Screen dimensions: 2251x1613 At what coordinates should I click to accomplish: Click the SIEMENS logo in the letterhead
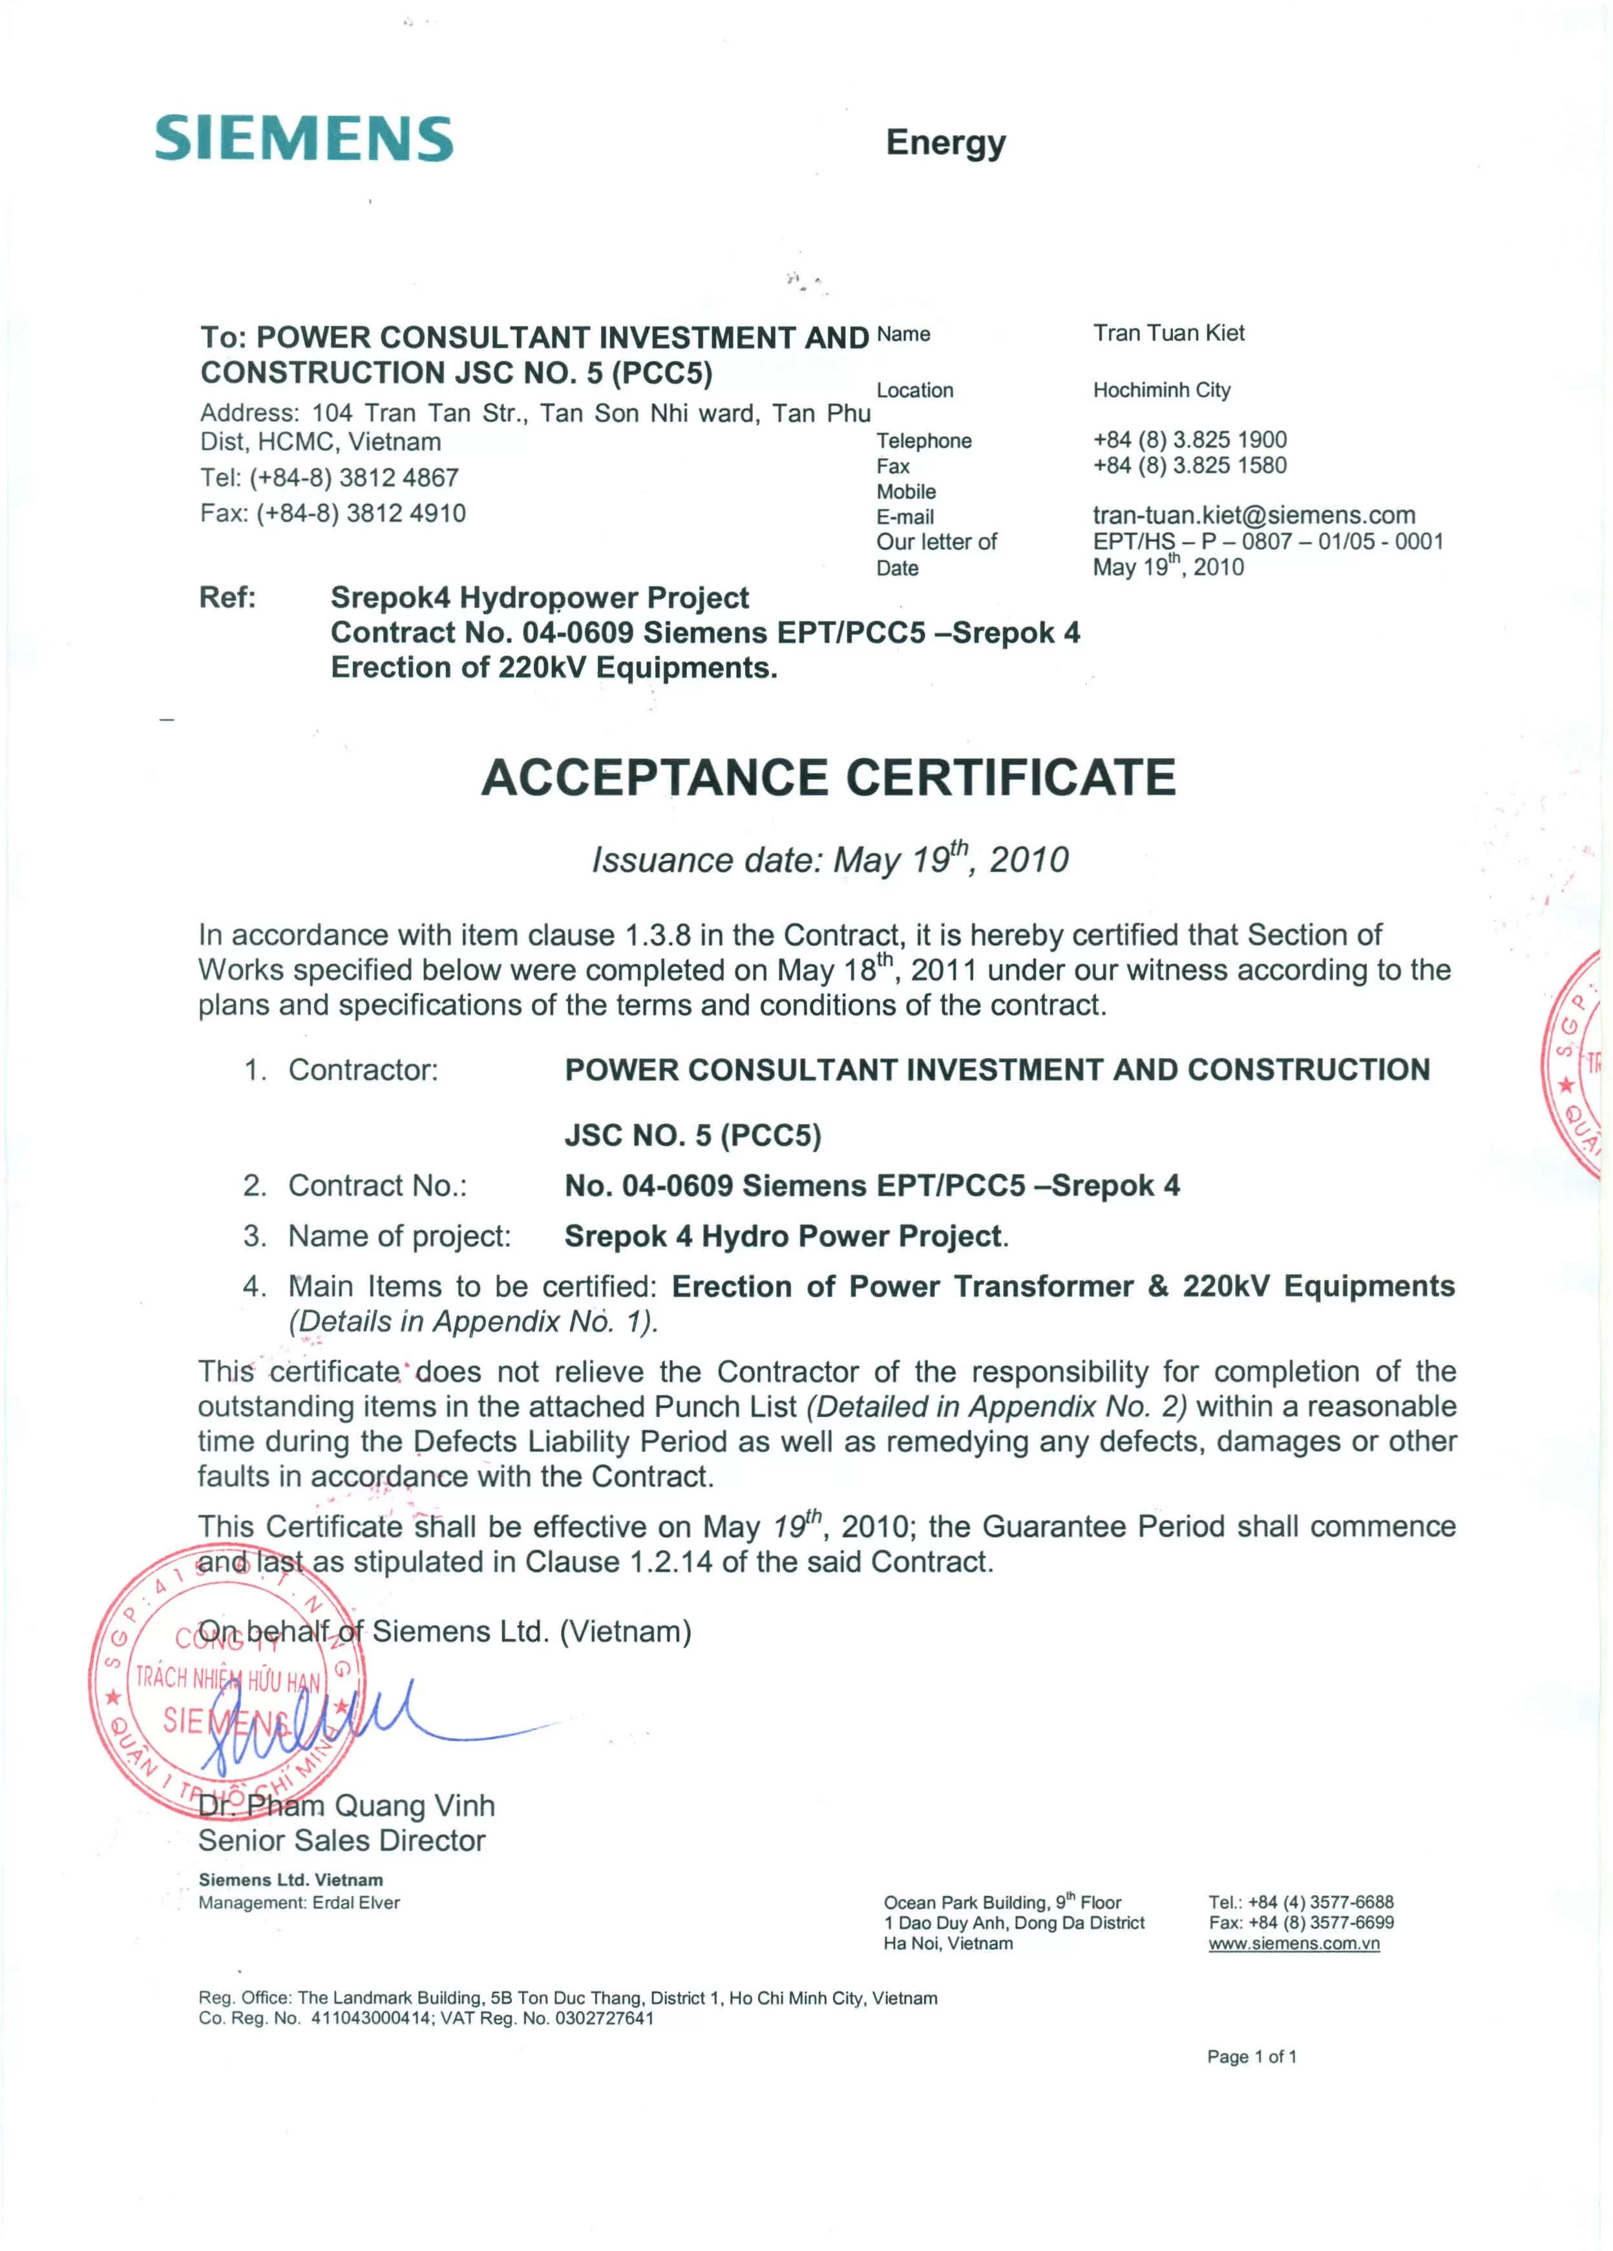304,138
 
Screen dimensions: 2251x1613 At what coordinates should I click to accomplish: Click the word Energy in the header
945,143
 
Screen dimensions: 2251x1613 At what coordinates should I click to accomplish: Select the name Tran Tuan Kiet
1168,333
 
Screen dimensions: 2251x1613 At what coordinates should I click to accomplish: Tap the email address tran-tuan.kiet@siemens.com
1254,515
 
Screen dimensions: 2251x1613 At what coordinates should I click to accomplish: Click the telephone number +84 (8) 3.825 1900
1189,440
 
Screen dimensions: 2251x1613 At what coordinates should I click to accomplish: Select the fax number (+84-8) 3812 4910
333,513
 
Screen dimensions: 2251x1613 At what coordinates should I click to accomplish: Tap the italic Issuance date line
830,859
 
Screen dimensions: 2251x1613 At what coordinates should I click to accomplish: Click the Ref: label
227,598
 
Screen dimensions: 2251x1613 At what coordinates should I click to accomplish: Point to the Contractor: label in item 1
363,1070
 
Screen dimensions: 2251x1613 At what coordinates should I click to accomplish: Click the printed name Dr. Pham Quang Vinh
346,1805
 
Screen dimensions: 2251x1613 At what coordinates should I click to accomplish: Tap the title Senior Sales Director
341,1841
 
